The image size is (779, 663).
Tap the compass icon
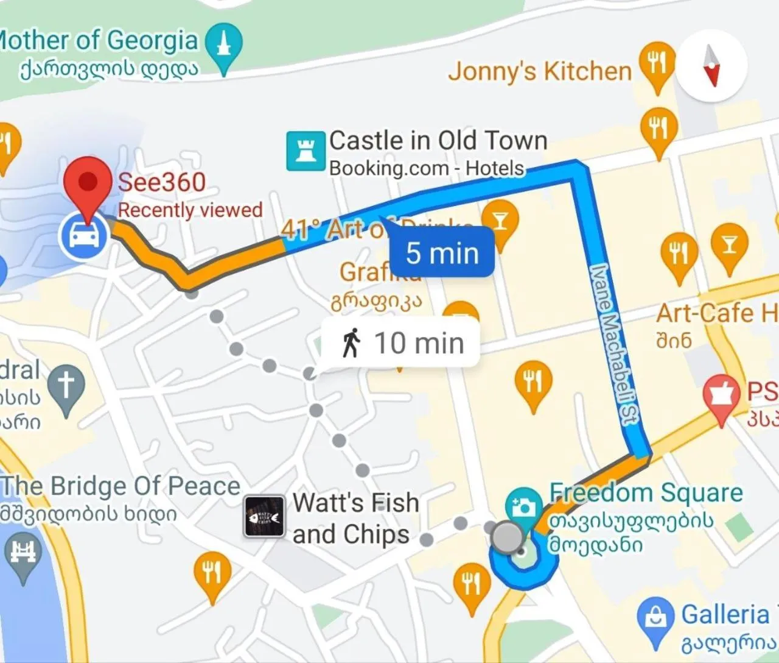pos(711,65)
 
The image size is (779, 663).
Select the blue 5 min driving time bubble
pos(442,252)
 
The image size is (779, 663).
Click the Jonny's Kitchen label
pos(540,71)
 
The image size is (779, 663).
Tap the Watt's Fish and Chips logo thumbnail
pos(264,517)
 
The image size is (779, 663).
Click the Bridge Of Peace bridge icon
pos(23,554)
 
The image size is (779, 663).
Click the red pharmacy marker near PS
pos(721,394)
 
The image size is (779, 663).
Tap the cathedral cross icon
pos(66,385)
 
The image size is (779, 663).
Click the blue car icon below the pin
pos(83,235)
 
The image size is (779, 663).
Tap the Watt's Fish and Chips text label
pos(355,519)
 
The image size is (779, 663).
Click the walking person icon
pos(351,342)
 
